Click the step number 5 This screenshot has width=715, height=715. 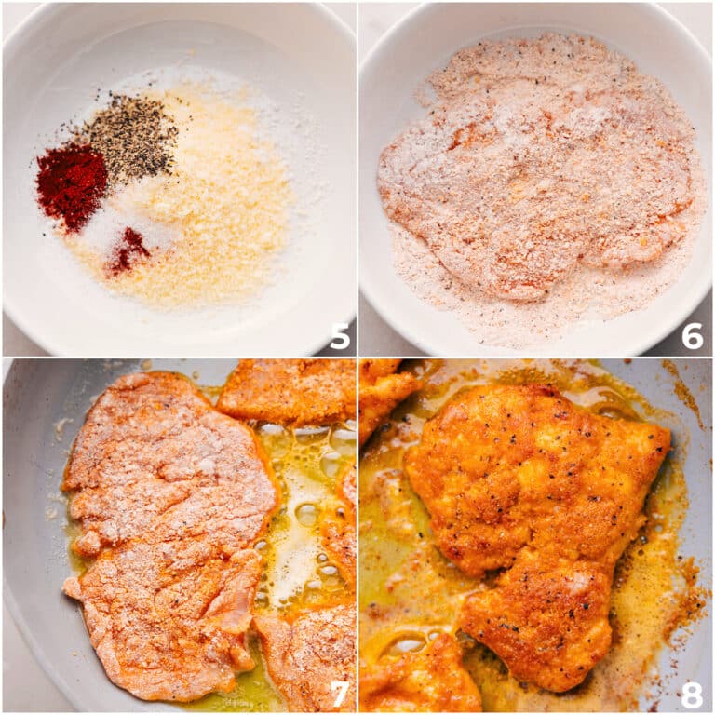coord(340,335)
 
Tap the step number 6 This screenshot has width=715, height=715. coord(692,335)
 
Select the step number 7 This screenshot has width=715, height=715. coord(340,693)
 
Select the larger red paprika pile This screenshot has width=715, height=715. coord(71,184)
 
